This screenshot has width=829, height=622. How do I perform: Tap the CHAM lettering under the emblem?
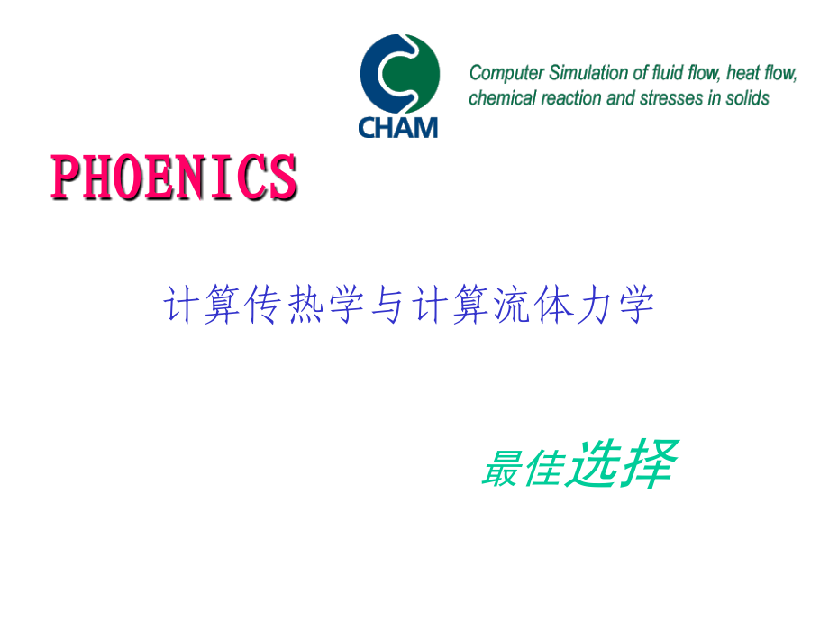[398, 127]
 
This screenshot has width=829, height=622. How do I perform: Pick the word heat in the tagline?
[739, 73]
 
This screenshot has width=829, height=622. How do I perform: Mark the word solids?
[748, 98]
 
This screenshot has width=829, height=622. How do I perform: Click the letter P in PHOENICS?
[66, 178]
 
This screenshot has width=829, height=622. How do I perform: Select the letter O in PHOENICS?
[128, 178]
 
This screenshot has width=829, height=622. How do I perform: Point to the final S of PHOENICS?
[282, 178]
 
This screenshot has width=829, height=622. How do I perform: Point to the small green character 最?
[501, 469]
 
